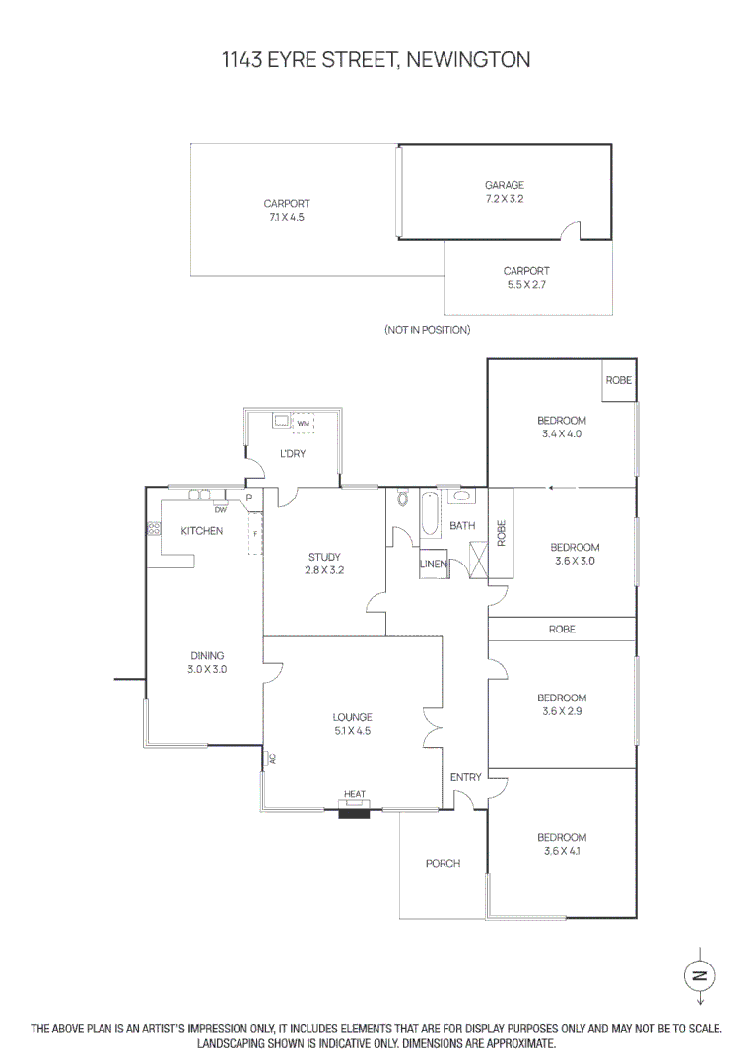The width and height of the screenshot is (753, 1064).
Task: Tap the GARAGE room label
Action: point(505,184)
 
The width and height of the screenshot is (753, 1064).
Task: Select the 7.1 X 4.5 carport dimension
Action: point(287,217)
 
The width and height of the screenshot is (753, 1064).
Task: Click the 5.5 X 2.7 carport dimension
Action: point(526,285)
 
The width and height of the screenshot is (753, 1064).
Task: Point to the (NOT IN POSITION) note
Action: point(427,330)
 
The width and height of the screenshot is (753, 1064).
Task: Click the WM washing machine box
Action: point(303,424)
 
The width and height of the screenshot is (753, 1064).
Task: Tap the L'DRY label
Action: point(293,453)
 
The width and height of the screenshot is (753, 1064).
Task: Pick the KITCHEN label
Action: point(202,531)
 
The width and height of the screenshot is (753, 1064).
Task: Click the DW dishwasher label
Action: point(221,509)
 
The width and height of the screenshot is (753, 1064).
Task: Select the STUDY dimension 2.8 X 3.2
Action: point(324,570)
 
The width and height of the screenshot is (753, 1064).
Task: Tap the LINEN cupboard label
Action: point(434,564)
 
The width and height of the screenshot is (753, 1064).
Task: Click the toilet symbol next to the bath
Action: point(402,499)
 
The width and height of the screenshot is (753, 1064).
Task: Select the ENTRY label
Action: point(466,777)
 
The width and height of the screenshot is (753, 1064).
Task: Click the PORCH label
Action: point(443,863)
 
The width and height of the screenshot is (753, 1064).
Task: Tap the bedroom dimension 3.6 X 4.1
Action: point(562,851)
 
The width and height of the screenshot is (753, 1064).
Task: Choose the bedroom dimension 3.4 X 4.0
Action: point(562,433)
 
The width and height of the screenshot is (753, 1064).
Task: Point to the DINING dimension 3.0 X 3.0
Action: point(207,669)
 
